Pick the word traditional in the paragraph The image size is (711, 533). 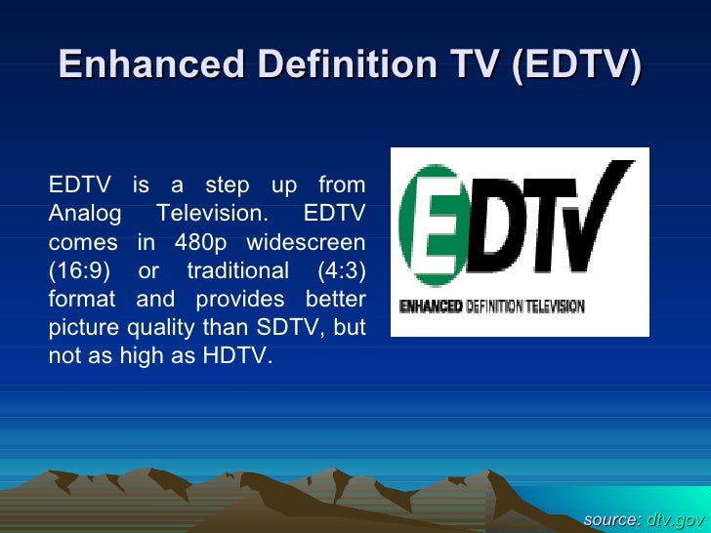[241, 269]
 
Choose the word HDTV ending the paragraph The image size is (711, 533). [234, 356]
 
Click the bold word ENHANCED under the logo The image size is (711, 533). [431, 307]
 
